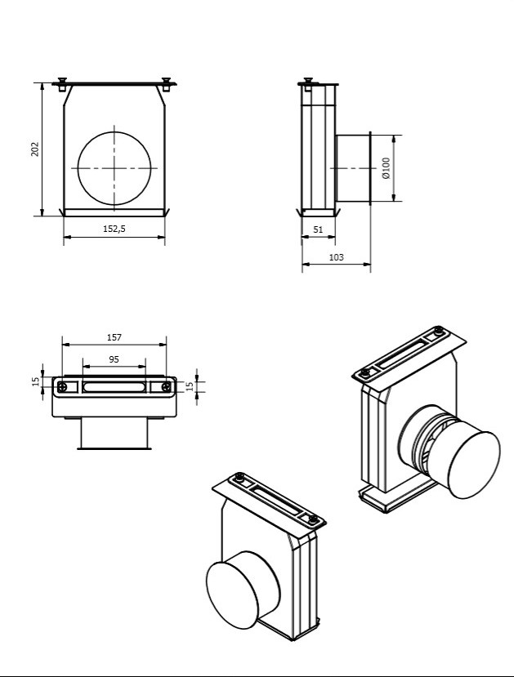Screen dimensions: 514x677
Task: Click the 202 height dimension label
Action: click(35, 149)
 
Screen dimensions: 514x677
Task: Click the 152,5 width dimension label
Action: click(114, 229)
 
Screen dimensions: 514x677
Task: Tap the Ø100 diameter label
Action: click(386, 168)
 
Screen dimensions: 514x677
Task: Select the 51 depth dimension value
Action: click(318, 229)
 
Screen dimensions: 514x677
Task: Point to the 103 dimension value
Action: click(337, 257)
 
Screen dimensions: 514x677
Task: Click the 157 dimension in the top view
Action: click(114, 337)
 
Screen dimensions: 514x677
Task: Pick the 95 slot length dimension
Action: click(114, 359)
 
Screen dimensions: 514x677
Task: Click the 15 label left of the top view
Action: click(36, 381)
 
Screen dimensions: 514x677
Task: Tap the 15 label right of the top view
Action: click(190, 386)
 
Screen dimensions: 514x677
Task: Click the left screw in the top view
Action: click(63, 387)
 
